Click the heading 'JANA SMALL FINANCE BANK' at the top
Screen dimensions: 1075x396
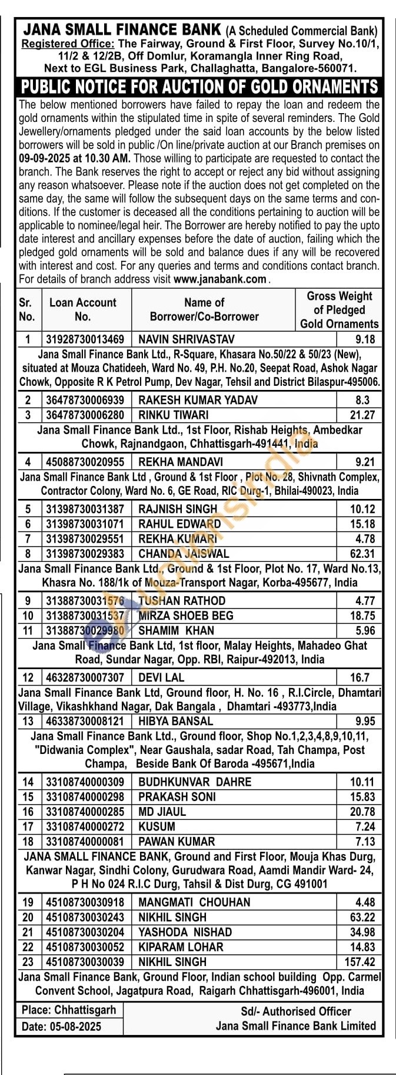(122, 30)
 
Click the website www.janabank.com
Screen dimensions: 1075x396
(220, 279)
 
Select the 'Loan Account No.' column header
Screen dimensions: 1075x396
(83, 309)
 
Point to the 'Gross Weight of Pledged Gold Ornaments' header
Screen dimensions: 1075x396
(339, 310)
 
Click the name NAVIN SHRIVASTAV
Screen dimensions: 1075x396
(186, 339)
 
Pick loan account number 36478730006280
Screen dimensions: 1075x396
(85, 415)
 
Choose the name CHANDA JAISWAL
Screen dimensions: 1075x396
(184, 554)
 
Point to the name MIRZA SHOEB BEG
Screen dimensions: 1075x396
(186, 616)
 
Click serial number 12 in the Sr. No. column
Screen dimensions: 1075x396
(28, 677)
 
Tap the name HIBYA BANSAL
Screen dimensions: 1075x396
(175, 721)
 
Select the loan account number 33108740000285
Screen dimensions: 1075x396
(85, 812)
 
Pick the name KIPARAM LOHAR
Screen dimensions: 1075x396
(181, 947)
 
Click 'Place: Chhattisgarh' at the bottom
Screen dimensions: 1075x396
(69, 1010)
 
